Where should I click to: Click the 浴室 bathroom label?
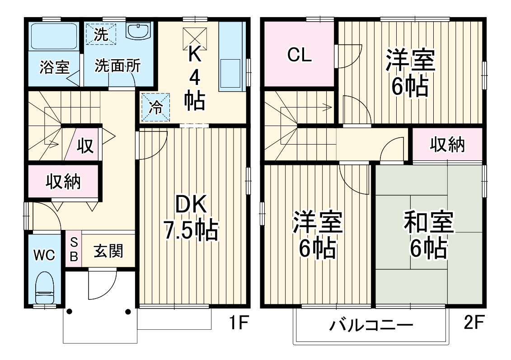(x=54, y=67)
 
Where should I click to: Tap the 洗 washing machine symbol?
(x=102, y=34)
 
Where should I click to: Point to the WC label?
(x=44, y=255)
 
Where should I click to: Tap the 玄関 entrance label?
(x=108, y=251)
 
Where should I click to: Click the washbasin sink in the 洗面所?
(x=137, y=32)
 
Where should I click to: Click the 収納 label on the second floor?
(x=447, y=145)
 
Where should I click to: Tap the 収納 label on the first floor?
(x=63, y=181)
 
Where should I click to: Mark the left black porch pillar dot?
(x=69, y=311)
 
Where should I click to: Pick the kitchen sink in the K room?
(x=231, y=72)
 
